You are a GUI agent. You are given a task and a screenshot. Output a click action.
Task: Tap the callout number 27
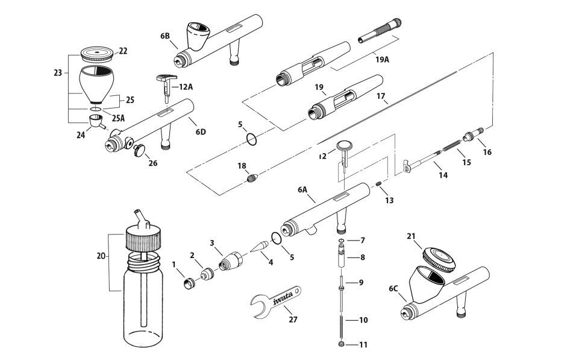click(293, 319)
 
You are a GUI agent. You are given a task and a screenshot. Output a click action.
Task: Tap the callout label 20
click(101, 256)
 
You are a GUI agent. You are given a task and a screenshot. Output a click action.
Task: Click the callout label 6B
click(165, 36)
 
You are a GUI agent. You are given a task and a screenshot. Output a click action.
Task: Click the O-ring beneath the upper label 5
click(253, 141)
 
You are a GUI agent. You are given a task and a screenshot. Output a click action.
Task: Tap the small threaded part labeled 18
click(252, 178)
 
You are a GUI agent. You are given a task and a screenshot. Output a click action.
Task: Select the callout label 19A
click(382, 60)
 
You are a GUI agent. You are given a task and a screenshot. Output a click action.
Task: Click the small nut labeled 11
click(342, 344)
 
